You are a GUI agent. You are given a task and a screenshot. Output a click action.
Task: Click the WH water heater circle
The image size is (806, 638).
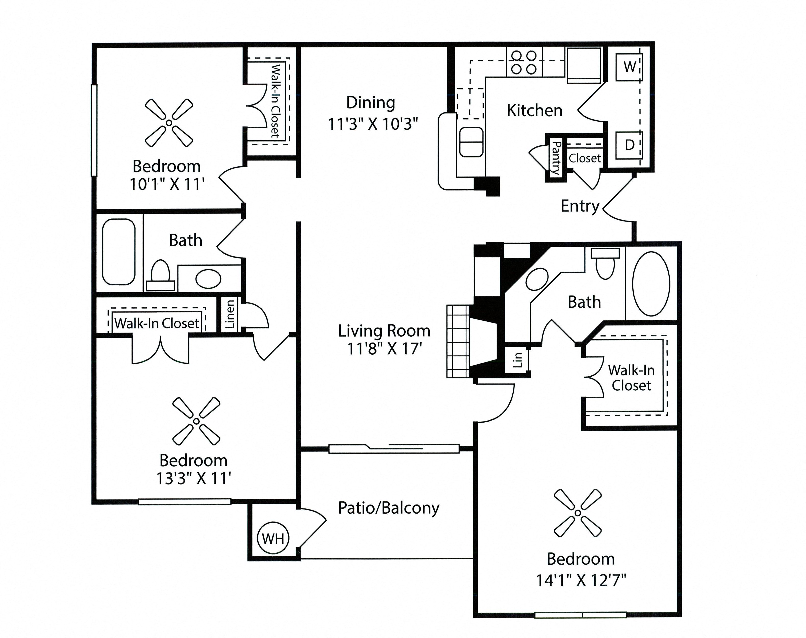coord(273,539)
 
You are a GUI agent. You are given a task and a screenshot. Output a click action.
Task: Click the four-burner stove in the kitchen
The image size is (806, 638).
coord(524,62)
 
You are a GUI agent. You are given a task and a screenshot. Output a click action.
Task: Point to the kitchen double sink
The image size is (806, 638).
coord(471,142)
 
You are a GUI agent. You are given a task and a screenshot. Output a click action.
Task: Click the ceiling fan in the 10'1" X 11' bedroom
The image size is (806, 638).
coord(169,123)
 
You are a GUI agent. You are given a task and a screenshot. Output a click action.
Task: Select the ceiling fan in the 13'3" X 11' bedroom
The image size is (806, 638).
coord(196,421)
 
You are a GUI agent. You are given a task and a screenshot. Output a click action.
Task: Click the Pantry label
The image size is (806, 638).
coord(555,158)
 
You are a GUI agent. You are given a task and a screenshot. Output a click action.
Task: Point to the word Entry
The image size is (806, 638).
coord(580,206)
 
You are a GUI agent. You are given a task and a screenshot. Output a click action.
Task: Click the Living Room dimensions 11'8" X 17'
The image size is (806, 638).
coord(384,349)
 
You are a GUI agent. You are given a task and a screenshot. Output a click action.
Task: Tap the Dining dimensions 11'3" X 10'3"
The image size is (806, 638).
coord(372,124)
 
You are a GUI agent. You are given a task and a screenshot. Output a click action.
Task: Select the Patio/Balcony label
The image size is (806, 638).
coord(388,508)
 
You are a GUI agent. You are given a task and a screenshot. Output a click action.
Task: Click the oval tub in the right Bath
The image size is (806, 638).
coord(651,284)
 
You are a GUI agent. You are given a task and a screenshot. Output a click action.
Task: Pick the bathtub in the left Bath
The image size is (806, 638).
coord(119,252)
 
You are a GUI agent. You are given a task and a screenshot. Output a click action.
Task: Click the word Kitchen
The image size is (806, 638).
coord(534,111)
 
